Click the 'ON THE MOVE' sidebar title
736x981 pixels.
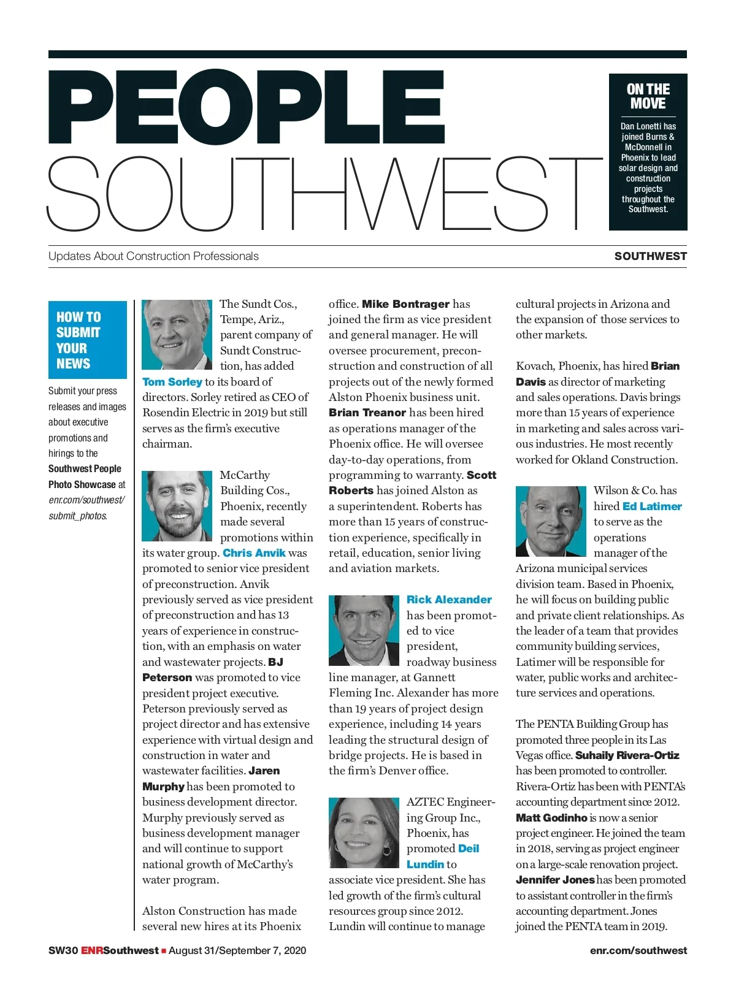(648, 96)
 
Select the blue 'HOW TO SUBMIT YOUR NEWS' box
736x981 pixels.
(88, 340)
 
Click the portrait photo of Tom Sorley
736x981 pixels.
(177, 334)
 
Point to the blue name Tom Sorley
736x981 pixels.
(172, 381)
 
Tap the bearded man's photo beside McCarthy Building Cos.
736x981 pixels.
(177, 506)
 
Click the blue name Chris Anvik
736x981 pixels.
(254, 552)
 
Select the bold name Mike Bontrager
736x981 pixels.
(405, 303)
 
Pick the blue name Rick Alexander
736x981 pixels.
(449, 599)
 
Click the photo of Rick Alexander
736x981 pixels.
(364, 630)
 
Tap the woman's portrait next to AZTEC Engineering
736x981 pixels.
(364, 833)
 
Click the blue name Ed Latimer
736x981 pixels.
(652, 506)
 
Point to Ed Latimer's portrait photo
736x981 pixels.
(551, 521)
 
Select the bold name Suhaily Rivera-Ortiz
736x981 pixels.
(627, 755)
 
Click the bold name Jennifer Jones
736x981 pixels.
(555, 879)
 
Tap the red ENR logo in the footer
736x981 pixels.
(92, 950)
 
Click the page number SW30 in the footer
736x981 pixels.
(63, 950)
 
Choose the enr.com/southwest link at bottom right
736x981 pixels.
(638, 950)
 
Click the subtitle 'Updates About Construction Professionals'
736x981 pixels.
(153, 256)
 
